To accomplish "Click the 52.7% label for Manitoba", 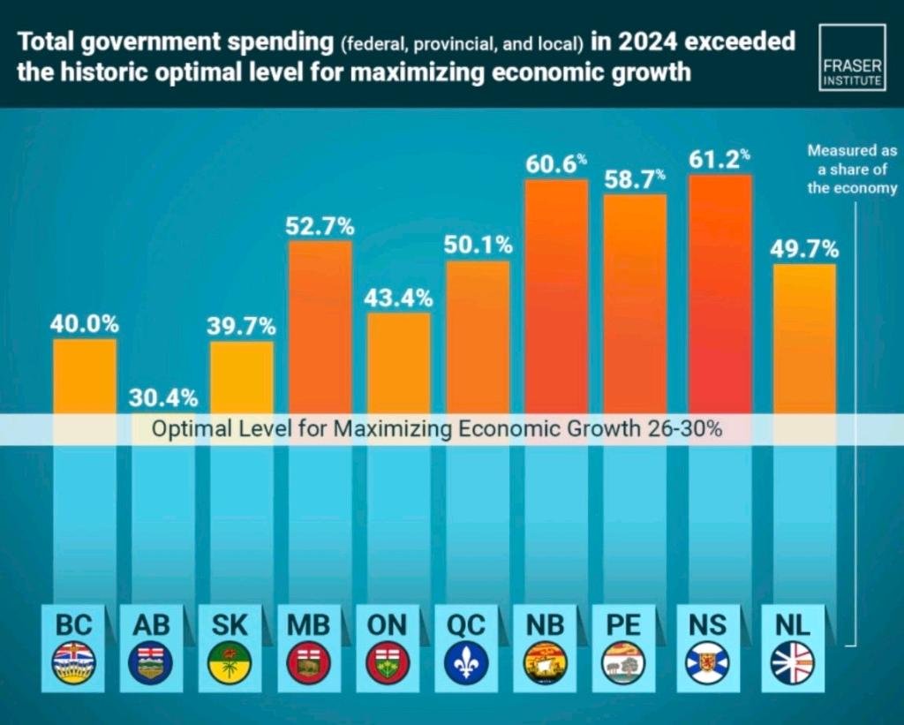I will [x=320, y=226].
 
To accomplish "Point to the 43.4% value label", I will [x=398, y=298].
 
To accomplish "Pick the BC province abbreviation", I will [x=74, y=625].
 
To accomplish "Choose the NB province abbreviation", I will [x=545, y=625].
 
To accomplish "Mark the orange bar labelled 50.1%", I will [x=478, y=336].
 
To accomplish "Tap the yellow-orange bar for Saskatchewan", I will [x=241, y=375].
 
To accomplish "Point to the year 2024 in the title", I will [x=657, y=42].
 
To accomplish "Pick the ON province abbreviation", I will [x=387, y=625].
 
